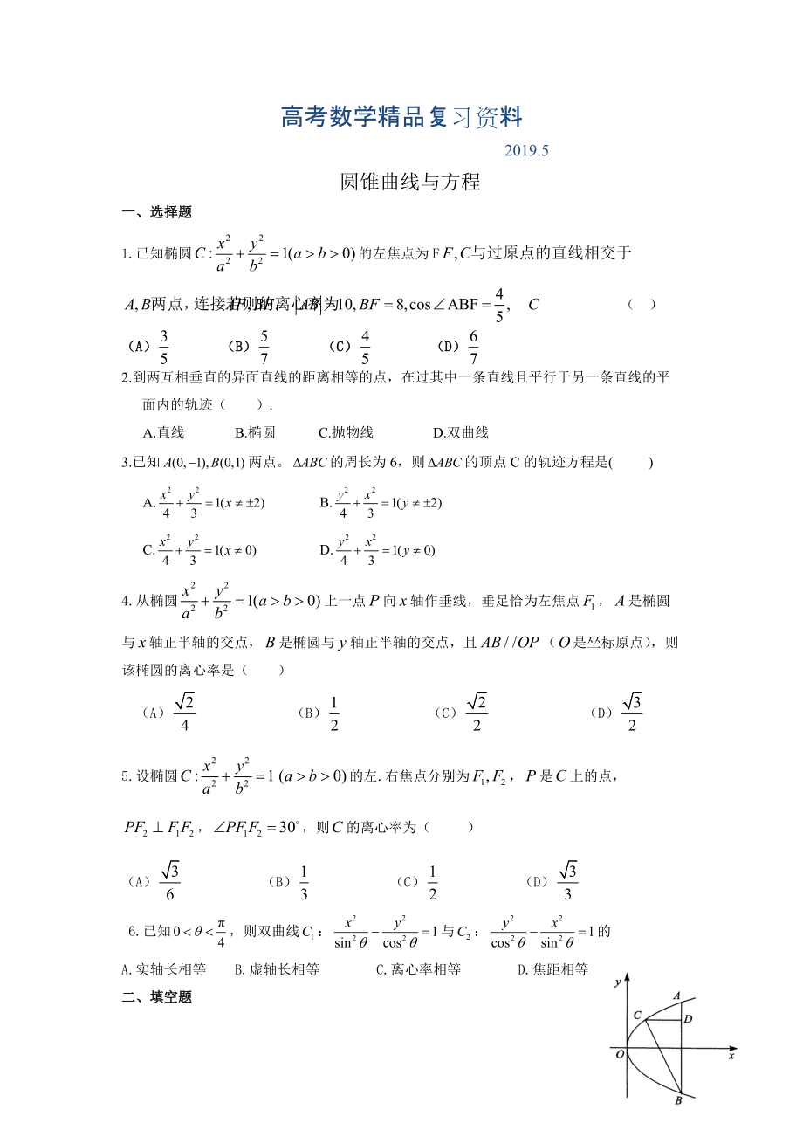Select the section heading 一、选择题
[156, 211]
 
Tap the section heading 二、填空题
[156, 996]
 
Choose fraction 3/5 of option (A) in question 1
[164, 348]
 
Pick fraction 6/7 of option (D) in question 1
[473, 348]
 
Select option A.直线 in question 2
[163, 432]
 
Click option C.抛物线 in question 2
[346, 432]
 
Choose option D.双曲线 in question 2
[460, 432]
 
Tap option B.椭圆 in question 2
[255, 432]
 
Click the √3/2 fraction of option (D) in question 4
[631, 713]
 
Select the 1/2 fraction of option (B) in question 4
[333, 713]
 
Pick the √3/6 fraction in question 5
[169, 881]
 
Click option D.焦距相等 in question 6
[552, 969]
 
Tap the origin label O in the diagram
[620, 1054]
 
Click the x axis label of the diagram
[730, 1057]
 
